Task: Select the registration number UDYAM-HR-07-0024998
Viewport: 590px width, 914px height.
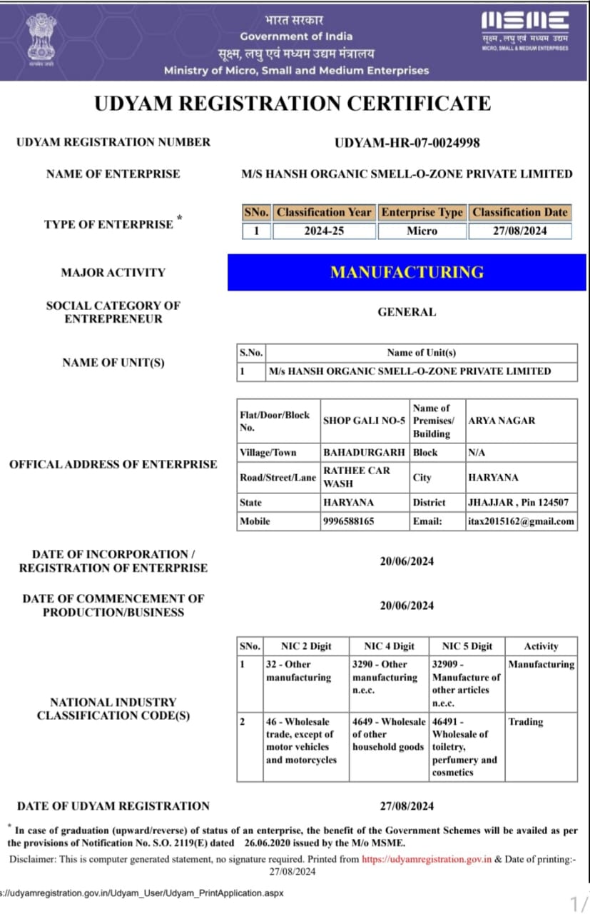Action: click(x=407, y=143)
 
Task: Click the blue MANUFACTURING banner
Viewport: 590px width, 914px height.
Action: click(x=407, y=272)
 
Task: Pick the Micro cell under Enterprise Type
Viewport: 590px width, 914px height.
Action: click(x=422, y=231)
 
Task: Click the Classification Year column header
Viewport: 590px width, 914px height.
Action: click(x=324, y=212)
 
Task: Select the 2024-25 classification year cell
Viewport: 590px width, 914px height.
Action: click(x=324, y=231)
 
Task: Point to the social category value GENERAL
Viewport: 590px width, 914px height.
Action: click(x=407, y=312)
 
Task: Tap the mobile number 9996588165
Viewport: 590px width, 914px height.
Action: click(x=349, y=521)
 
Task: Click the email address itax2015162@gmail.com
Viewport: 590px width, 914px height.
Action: click(x=521, y=521)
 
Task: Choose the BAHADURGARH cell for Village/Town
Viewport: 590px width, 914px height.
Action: click(x=364, y=453)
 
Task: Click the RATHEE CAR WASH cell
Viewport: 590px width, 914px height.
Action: click(x=364, y=477)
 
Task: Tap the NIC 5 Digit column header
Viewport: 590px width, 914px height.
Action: click(x=467, y=646)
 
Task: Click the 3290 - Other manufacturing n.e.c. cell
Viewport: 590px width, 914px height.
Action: click(x=385, y=677)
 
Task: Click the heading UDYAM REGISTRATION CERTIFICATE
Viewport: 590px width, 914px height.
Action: click(x=293, y=104)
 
